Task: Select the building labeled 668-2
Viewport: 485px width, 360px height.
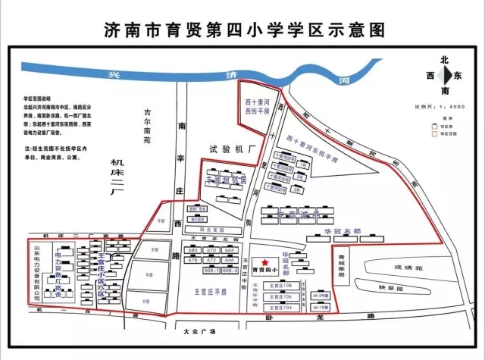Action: pyautogui.click(x=230, y=269)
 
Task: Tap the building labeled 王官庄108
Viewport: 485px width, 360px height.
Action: pyautogui.click(x=281, y=286)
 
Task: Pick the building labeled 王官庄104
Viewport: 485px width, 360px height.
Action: pyautogui.click(x=281, y=308)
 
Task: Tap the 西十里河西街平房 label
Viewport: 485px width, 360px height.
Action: pyautogui.click(x=255, y=106)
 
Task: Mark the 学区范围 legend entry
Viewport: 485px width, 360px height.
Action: pyautogui.click(x=443, y=131)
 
